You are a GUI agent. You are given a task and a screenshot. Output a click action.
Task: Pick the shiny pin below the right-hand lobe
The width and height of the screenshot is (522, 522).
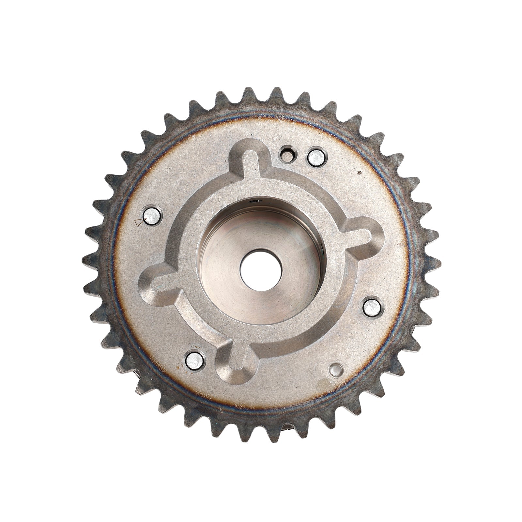tap(373, 307)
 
